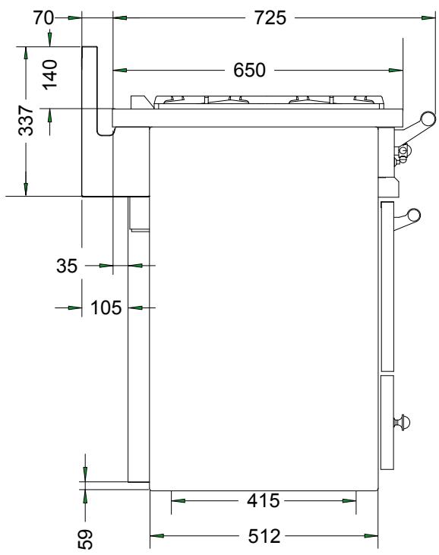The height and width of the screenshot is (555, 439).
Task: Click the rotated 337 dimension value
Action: [26, 120]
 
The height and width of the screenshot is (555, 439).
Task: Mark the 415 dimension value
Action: [264, 500]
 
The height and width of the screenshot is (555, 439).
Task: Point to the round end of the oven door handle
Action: [414, 216]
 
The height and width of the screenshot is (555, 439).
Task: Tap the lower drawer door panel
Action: [387, 421]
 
